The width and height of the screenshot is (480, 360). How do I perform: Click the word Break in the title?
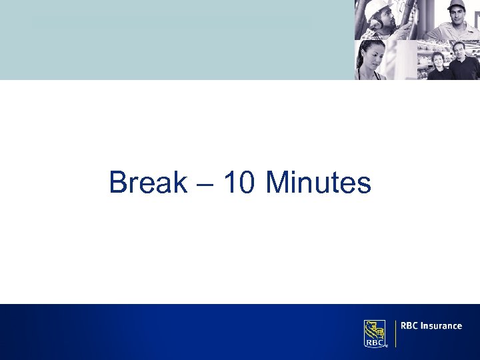tap(148, 183)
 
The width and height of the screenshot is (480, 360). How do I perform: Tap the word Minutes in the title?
tap(318, 183)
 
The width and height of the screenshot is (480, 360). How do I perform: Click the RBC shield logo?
tap(375, 333)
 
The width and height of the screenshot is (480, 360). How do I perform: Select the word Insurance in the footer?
tap(441, 326)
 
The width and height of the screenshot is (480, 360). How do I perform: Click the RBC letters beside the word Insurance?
tap(409, 326)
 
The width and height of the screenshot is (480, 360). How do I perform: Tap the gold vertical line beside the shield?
tap(395, 333)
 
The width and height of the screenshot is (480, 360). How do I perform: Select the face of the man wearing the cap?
tap(457, 15)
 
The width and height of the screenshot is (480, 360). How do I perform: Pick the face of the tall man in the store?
tap(459, 52)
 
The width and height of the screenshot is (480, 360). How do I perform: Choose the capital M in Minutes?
tap(276, 183)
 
